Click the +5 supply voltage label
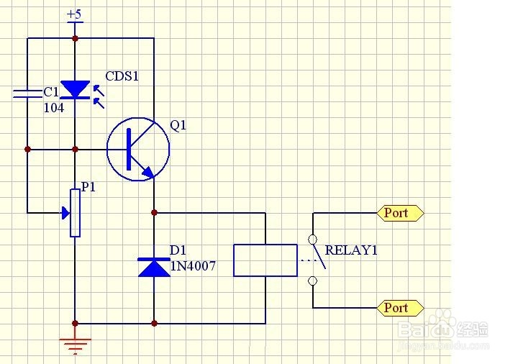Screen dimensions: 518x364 click(x=74, y=14)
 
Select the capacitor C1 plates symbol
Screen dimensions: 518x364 click(x=28, y=94)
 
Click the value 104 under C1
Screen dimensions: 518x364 click(x=54, y=108)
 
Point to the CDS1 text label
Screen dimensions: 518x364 click(x=122, y=76)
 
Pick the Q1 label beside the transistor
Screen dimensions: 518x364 click(x=178, y=125)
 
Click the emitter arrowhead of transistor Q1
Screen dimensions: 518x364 click(x=148, y=172)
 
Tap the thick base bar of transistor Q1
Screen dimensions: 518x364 click(x=129, y=150)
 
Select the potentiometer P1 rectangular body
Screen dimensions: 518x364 click(x=76, y=213)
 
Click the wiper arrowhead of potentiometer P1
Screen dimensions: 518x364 click(x=65, y=213)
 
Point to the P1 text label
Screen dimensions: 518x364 click(x=88, y=187)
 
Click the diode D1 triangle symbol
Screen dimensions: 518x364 click(x=154, y=267)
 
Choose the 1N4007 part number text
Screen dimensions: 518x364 click(x=194, y=266)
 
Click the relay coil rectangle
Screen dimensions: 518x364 click(x=265, y=260)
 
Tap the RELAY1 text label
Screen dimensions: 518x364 click(x=351, y=250)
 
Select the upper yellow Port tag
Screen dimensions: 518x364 click(x=400, y=213)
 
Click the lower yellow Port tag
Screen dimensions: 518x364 click(x=400, y=308)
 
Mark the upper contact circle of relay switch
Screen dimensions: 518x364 click(x=312, y=239)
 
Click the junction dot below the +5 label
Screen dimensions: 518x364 click(x=75, y=38)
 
